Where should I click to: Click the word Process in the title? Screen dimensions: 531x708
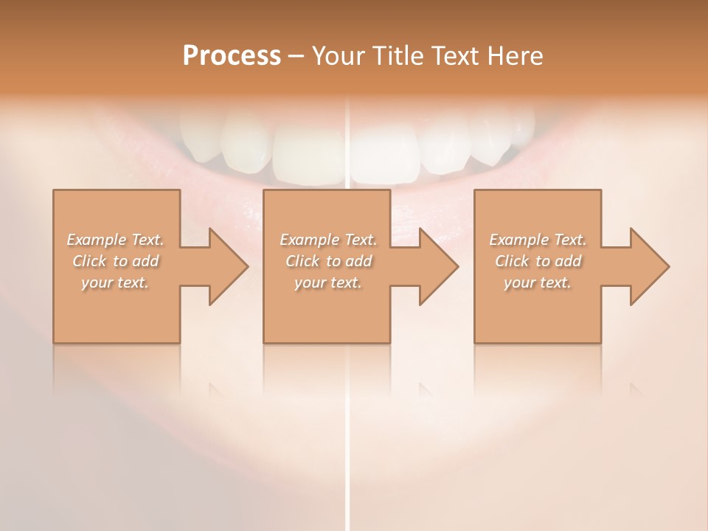point(232,56)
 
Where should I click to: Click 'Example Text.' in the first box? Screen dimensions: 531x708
point(116,240)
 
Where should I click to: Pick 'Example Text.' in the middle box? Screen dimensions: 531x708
point(328,240)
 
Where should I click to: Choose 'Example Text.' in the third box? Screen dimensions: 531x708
point(538,240)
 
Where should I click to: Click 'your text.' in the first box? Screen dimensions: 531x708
point(116,282)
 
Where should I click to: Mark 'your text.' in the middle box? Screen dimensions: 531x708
point(328,282)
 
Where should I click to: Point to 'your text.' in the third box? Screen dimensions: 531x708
point(538,282)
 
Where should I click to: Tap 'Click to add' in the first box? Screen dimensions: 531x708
point(116,261)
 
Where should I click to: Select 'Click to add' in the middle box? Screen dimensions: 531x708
point(328,261)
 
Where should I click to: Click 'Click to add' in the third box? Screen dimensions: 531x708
point(538,261)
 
